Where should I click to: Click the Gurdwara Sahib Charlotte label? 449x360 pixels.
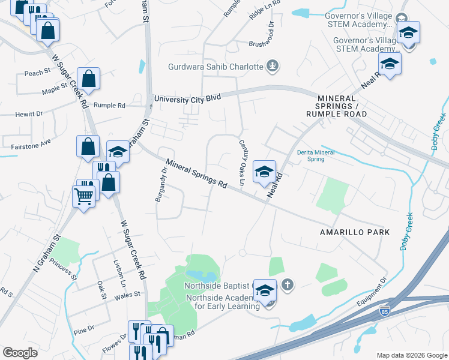pyautogui.click(x=217, y=67)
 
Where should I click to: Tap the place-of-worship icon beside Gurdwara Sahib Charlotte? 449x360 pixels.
pyautogui.click(x=273, y=66)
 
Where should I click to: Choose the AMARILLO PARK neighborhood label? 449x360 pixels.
pyautogui.click(x=354, y=232)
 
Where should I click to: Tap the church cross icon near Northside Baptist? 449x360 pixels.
pyautogui.click(x=288, y=284)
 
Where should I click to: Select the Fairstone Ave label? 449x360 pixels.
pyautogui.click(x=31, y=145)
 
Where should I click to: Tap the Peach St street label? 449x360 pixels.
pyautogui.click(x=37, y=72)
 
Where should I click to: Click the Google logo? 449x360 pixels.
pyautogui.click(x=20, y=353)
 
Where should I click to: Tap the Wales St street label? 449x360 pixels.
pyautogui.click(x=128, y=294)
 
